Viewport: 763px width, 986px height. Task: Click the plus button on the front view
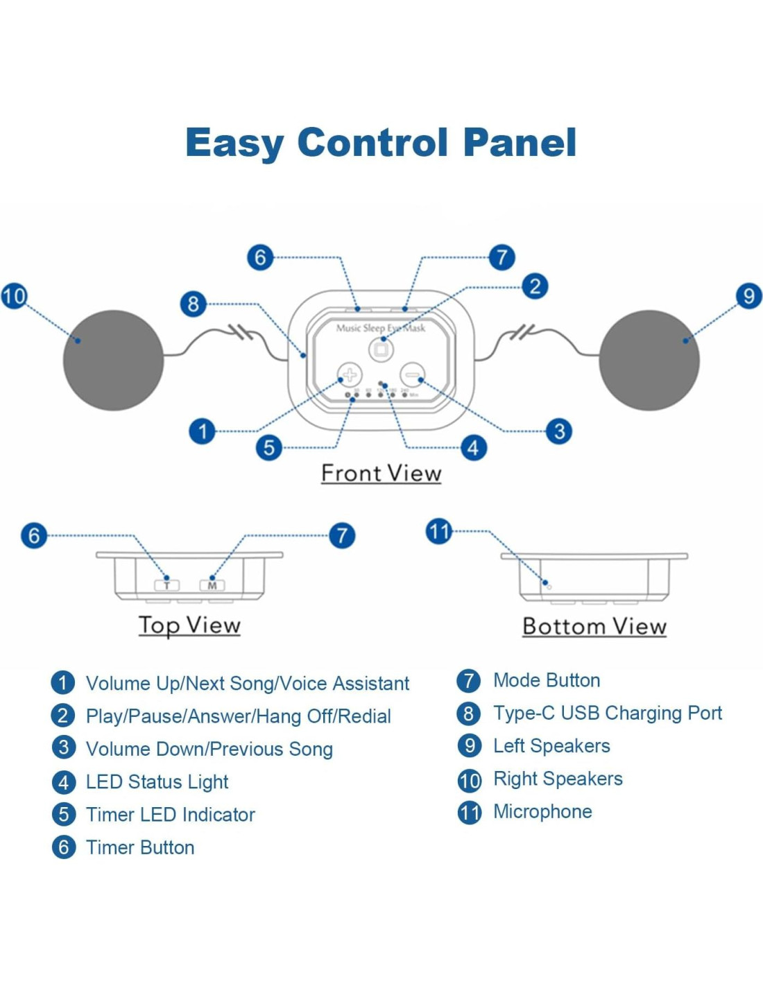[350, 375]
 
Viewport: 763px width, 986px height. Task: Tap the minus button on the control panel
[413, 375]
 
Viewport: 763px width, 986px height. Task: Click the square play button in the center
[381, 350]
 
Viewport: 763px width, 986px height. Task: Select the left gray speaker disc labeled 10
[113, 360]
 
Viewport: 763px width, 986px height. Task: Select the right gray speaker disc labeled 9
[649, 360]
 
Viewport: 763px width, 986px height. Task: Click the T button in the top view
[166, 585]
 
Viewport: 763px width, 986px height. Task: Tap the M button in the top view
[212, 585]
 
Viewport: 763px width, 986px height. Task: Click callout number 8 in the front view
[194, 304]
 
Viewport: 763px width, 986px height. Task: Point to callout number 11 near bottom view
[438, 532]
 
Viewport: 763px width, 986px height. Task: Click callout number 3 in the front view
[559, 431]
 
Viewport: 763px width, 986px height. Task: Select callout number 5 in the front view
[269, 448]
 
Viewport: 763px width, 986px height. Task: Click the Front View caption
[381, 474]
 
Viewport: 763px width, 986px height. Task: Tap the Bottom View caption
[594, 626]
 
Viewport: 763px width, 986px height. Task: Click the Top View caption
[189, 625]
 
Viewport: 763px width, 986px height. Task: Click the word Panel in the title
[520, 143]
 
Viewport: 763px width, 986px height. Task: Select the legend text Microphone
[542, 811]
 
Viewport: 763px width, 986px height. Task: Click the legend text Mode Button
[547, 680]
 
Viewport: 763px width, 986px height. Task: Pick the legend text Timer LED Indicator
[170, 815]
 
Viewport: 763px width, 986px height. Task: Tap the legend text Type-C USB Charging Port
[608, 713]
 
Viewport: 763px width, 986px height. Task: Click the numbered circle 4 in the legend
[64, 782]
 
